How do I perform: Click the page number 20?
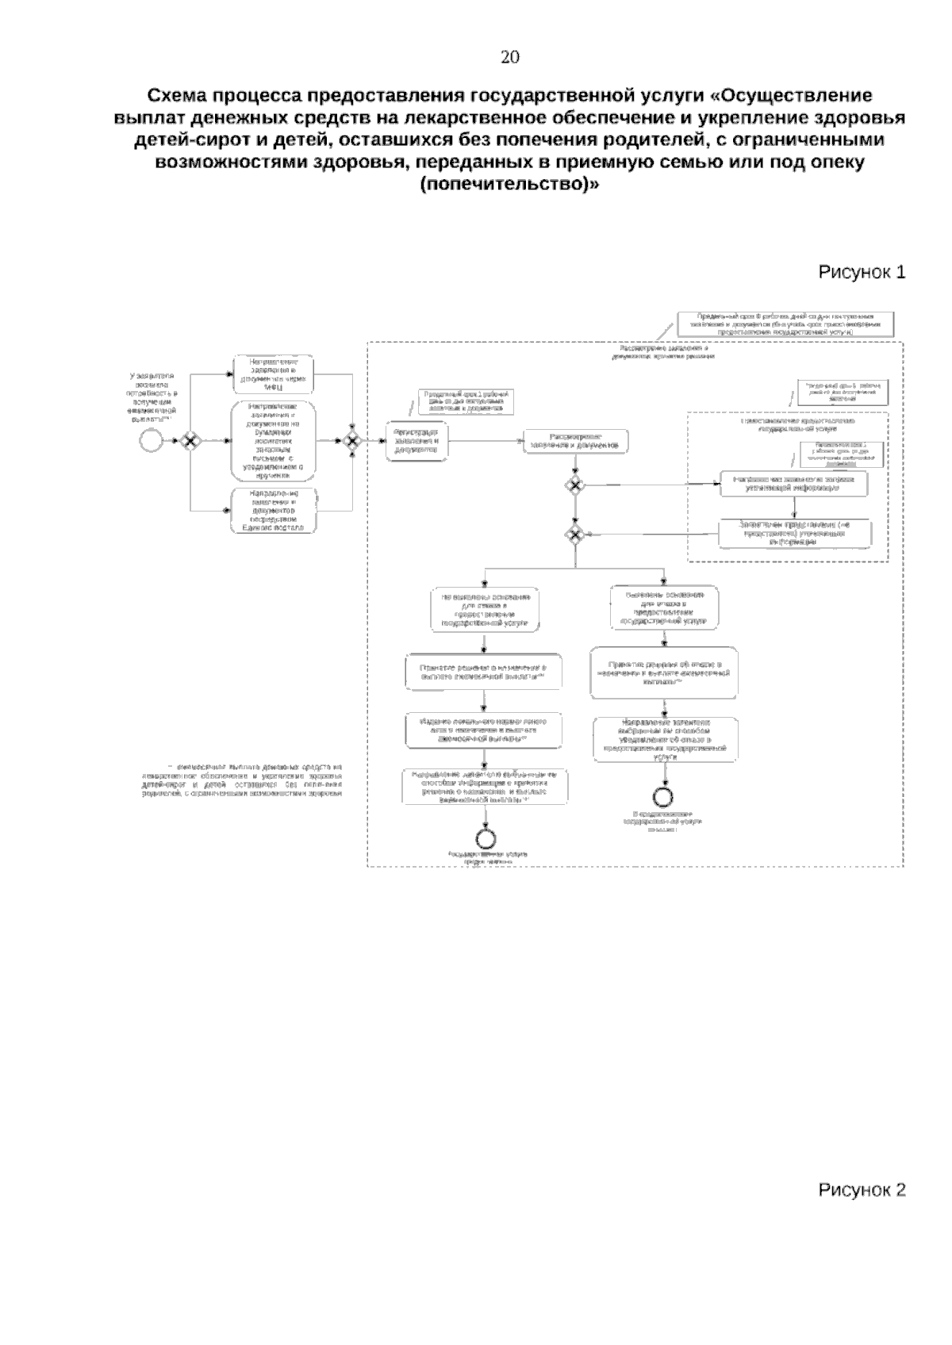tap(510, 57)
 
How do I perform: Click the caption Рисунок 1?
tap(862, 273)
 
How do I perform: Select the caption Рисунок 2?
tap(862, 1190)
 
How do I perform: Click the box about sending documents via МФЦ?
tap(273, 374)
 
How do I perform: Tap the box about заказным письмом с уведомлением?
tap(273, 441)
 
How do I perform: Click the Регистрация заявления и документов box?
tap(416, 441)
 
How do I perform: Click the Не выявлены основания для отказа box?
tap(486, 609)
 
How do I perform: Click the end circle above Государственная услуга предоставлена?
tap(486, 837)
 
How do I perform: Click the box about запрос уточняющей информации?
tap(793, 484)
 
